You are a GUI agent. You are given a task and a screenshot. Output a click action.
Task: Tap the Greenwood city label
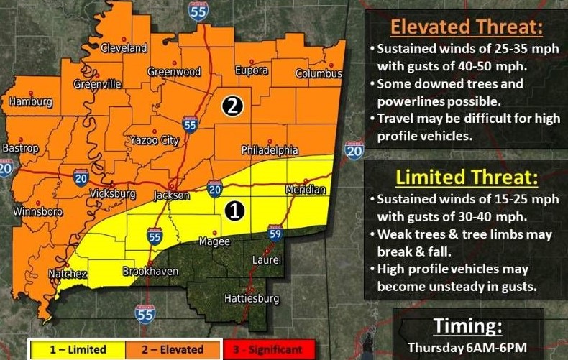pyautogui.click(x=173, y=72)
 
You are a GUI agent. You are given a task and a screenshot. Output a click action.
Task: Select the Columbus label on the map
pyautogui.click(x=319, y=74)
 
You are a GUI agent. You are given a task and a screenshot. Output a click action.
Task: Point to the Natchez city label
pyautogui.click(x=68, y=274)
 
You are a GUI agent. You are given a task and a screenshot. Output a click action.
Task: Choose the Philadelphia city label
pyautogui.click(x=269, y=150)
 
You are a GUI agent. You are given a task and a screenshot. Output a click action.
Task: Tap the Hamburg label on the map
pyautogui.click(x=31, y=102)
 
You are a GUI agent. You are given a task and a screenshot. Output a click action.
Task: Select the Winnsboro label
pyautogui.click(x=38, y=212)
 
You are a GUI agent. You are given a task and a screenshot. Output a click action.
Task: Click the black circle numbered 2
pyautogui.click(x=233, y=106)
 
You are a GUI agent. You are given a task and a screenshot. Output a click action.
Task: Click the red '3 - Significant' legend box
pyautogui.click(x=267, y=350)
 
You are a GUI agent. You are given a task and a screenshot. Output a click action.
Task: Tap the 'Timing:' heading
pyautogui.click(x=467, y=326)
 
